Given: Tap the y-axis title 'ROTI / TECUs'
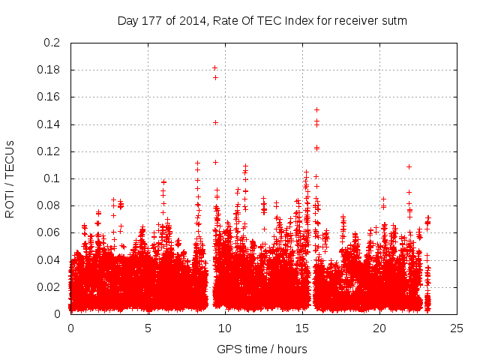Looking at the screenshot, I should point(10,178).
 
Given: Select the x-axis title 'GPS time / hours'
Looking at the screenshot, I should point(262,349).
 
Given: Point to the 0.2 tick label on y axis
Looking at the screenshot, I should point(52,43).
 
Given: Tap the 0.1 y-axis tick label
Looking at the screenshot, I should point(52,178).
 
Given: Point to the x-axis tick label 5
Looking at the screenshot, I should point(148,328).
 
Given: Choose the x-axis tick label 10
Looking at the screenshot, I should point(225,328).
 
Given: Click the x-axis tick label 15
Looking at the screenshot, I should point(302,328).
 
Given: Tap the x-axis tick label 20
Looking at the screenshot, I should point(379,328).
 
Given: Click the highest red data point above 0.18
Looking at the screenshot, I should point(215,68).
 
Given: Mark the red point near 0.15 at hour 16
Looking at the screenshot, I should point(316,110).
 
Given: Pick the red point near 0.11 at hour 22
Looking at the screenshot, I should point(409,166).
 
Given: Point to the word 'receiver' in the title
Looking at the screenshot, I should point(346,21).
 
